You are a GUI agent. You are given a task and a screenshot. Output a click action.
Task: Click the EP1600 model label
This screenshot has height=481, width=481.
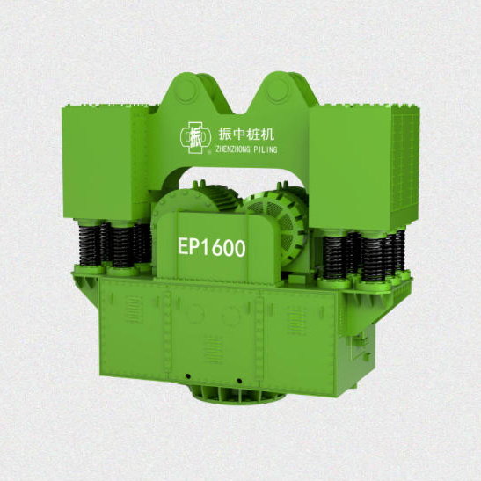(x=212, y=247)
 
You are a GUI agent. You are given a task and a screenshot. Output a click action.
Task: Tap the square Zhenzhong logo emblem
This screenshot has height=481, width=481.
(x=195, y=138)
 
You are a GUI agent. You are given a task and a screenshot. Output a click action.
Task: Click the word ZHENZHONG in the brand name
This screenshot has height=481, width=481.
(x=232, y=149)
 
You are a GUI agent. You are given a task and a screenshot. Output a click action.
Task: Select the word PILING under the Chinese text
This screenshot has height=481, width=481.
(x=266, y=149)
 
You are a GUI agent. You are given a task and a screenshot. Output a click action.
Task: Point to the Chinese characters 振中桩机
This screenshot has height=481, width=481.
(x=246, y=135)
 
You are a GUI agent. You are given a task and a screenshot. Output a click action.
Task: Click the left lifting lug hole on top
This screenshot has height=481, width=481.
(x=186, y=90)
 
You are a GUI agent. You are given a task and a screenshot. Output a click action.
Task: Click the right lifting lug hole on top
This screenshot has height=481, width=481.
(x=278, y=90)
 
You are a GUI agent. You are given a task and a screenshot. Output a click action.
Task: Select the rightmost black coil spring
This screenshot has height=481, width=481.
(x=400, y=250)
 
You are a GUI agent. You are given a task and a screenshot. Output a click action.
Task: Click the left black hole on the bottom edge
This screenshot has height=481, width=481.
(x=188, y=376)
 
